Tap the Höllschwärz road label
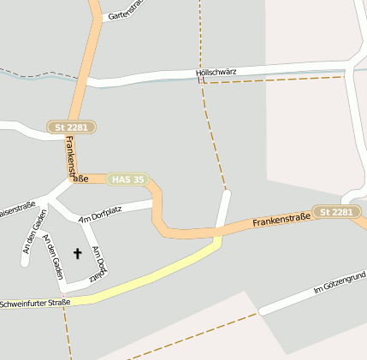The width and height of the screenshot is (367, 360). (x=216, y=72)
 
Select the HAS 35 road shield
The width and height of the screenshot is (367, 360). (x=127, y=180)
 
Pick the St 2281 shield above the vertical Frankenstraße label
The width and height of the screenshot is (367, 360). (x=71, y=127)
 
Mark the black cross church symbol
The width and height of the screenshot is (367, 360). (x=78, y=253)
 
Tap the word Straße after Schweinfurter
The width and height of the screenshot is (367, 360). (x=59, y=302)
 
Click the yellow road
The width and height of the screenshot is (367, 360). (x=154, y=275)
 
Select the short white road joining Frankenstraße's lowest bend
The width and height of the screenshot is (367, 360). (x=225, y=208)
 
